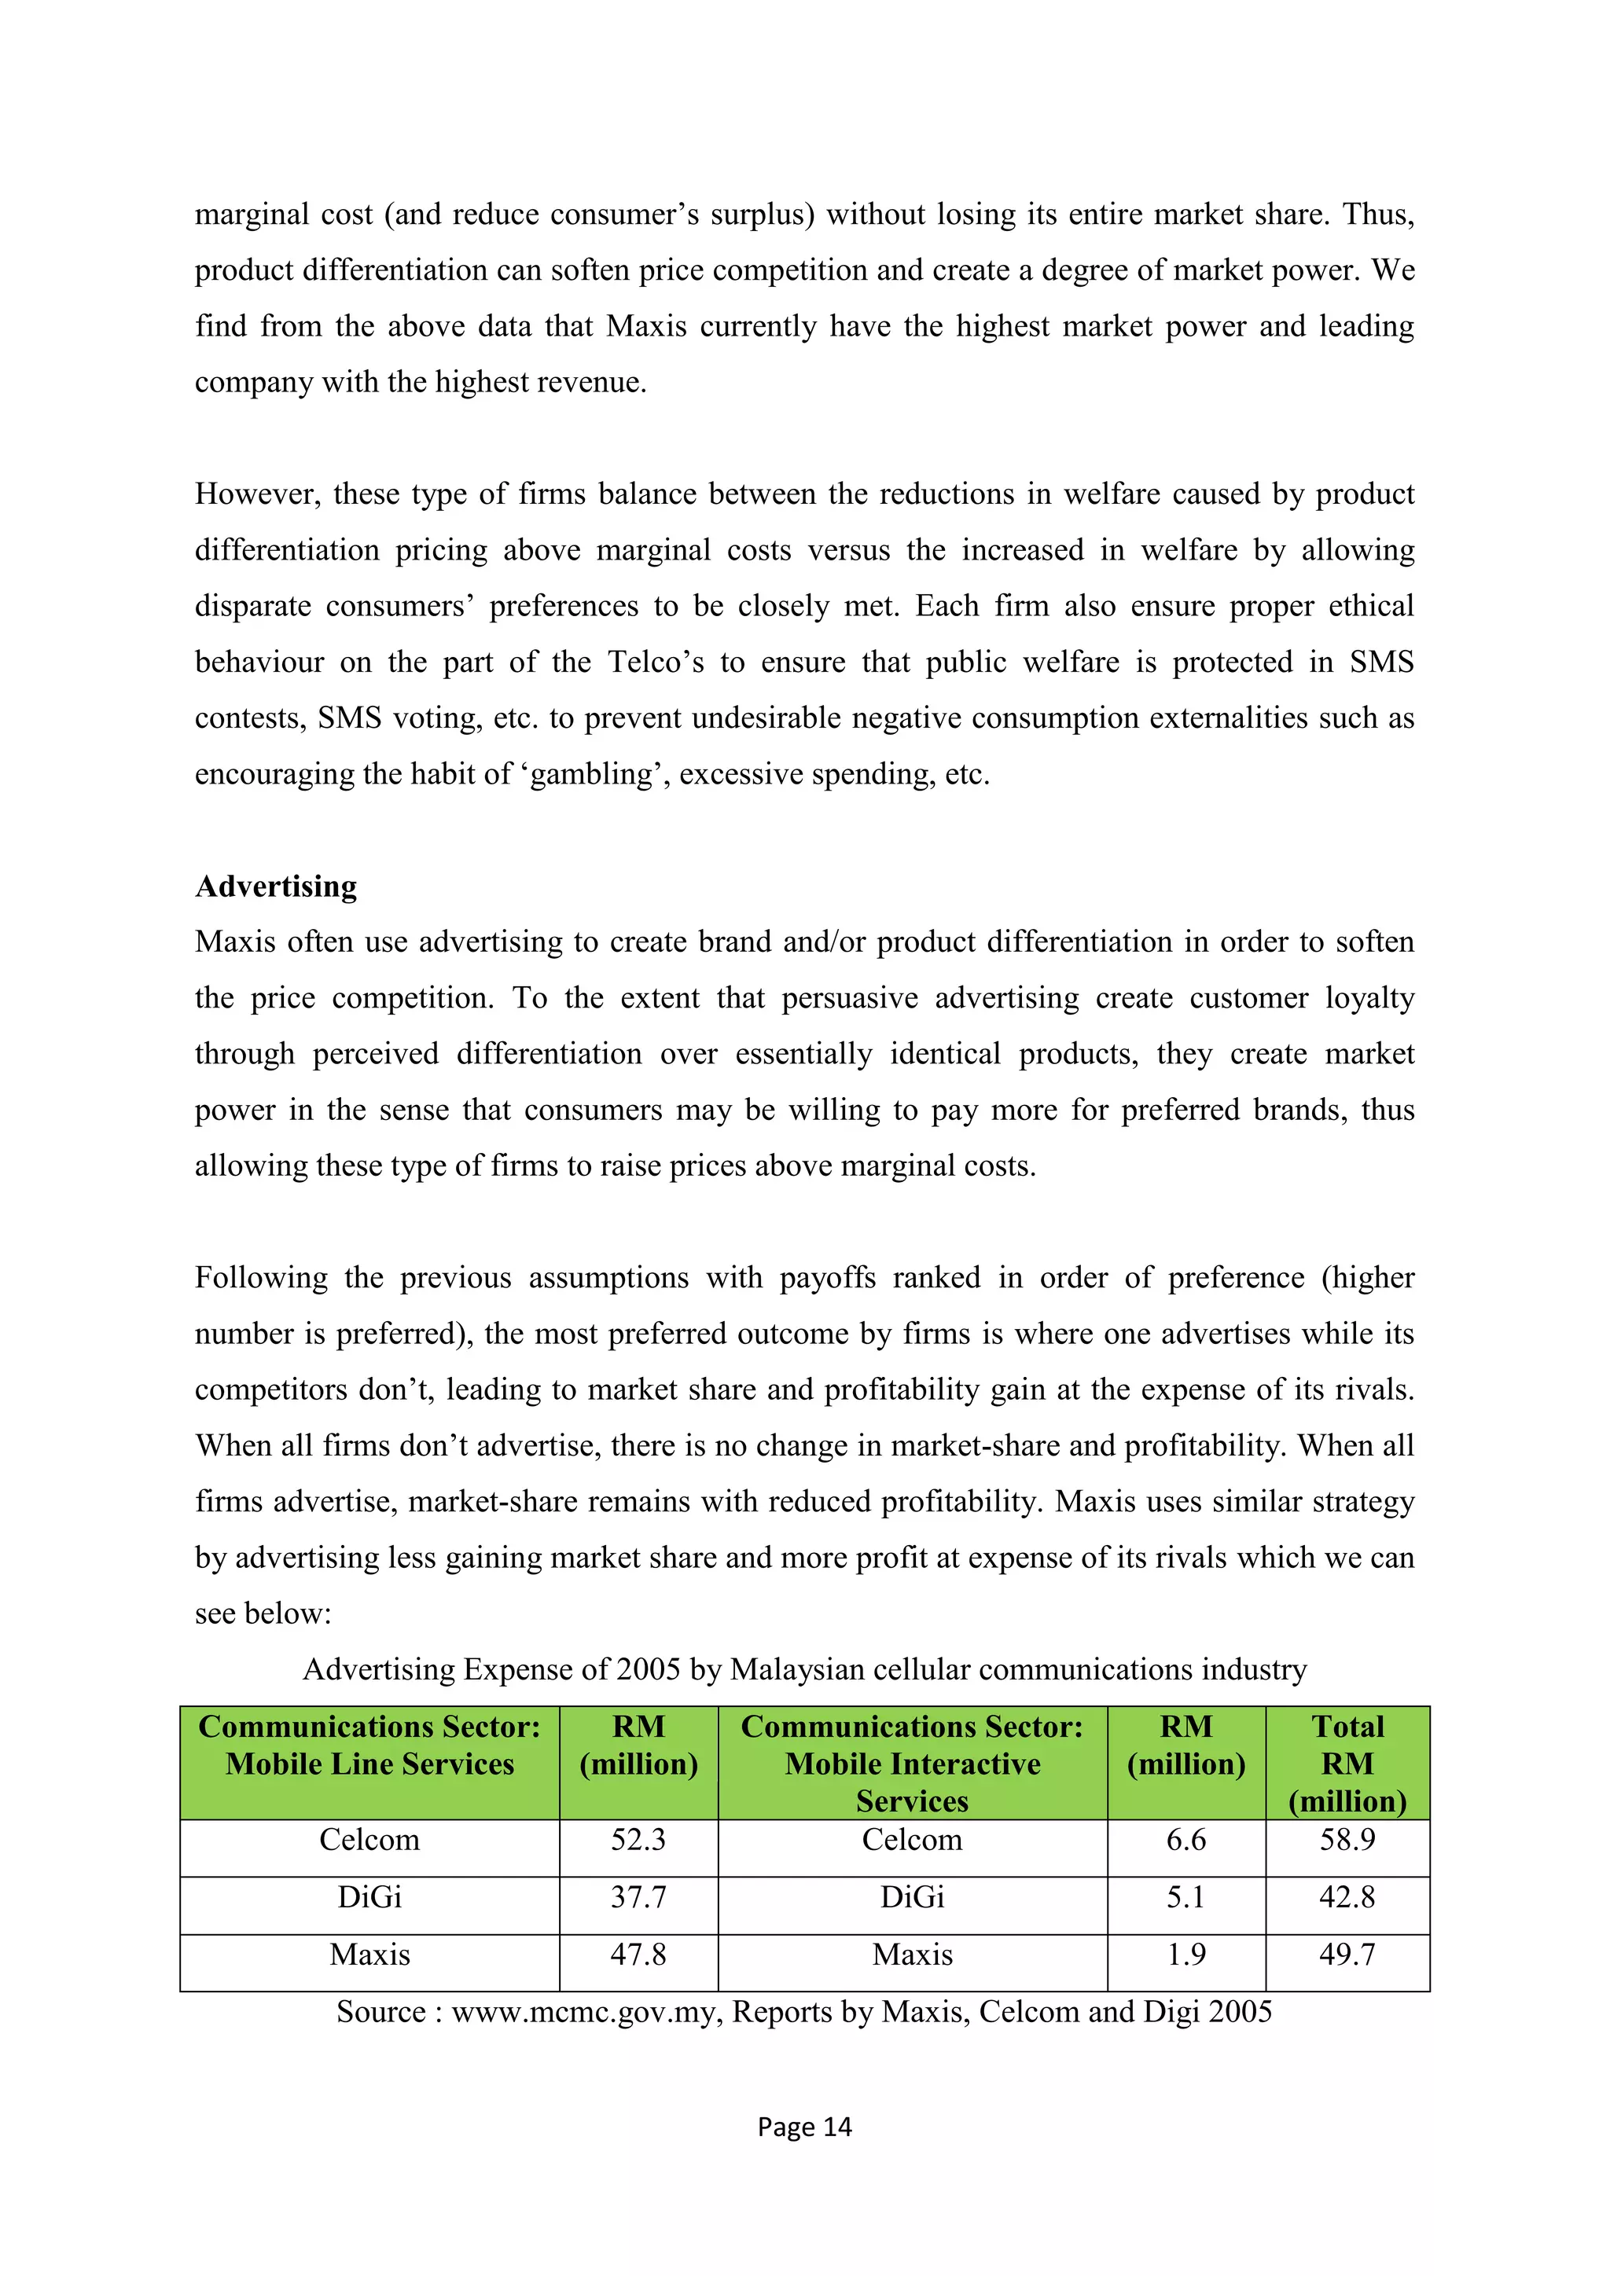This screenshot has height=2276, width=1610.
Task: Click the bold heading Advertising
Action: [276, 887]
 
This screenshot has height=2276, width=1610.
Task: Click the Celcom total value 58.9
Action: [1347, 1840]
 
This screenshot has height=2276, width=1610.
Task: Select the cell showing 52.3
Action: [638, 1840]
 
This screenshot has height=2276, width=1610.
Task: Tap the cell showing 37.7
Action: [638, 1897]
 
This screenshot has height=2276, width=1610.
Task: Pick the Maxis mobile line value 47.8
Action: [638, 1955]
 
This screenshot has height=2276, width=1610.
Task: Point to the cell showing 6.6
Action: [1185, 1840]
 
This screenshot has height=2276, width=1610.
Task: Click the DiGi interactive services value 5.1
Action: [1185, 1897]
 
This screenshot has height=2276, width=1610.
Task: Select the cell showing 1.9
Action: [1185, 1955]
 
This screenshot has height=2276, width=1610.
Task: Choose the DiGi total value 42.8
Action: [1347, 1897]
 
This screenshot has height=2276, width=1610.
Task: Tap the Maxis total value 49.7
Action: [1347, 1955]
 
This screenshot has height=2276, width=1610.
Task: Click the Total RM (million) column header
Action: [1347, 1764]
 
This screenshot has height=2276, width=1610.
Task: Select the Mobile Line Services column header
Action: [369, 1746]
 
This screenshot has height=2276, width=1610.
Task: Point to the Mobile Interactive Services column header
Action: [912, 1764]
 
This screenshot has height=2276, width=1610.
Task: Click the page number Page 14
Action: [804, 2127]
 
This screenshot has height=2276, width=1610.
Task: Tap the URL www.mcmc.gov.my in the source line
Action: [587, 2011]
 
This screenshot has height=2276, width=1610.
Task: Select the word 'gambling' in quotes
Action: [592, 774]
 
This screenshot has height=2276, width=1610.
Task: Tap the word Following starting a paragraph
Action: [261, 1278]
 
